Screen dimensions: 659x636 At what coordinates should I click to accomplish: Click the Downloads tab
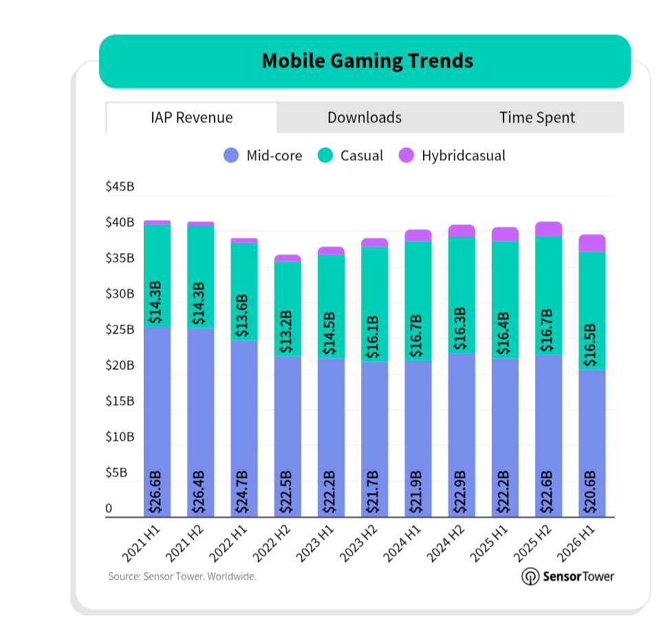[365, 118]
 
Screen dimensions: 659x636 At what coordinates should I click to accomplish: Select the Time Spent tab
[537, 118]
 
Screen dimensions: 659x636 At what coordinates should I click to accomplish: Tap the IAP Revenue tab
[192, 118]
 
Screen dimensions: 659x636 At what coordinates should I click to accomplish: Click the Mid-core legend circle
[231, 155]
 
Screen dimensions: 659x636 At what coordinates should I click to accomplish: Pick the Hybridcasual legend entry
[452, 155]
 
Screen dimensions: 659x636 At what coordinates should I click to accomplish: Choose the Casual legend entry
[351, 155]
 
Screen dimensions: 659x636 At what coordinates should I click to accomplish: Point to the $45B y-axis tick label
[120, 186]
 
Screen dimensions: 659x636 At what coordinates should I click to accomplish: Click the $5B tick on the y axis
[116, 472]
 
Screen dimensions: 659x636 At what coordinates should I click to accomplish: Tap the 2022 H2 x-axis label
[272, 544]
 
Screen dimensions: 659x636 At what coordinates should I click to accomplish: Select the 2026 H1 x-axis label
[576, 544]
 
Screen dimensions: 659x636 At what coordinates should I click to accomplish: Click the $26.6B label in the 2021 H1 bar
[155, 492]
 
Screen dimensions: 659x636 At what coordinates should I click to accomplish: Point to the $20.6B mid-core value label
[590, 492]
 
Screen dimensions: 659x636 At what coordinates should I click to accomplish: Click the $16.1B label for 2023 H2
[373, 338]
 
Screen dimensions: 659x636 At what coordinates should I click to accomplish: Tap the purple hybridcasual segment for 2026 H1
[592, 243]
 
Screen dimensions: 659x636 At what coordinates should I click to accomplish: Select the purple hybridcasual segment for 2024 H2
[462, 231]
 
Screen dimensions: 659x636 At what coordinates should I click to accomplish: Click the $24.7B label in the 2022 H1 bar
[243, 492]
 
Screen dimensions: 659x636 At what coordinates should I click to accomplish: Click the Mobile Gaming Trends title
[367, 61]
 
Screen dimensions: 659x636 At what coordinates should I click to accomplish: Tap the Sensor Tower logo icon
[530, 576]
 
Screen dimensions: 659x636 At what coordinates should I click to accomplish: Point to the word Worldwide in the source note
[232, 576]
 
